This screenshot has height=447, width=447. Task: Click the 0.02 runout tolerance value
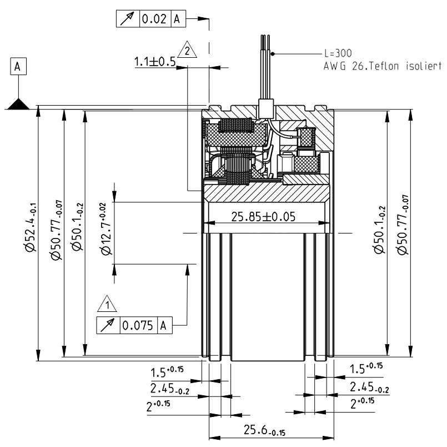154,19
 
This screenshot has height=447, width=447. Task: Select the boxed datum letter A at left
18,67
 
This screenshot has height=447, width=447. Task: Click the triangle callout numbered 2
189,51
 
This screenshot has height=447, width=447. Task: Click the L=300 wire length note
338,54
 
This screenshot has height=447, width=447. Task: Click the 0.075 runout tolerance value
137,326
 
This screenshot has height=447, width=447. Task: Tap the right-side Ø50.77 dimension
404,225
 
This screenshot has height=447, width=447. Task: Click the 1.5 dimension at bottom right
365,369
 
